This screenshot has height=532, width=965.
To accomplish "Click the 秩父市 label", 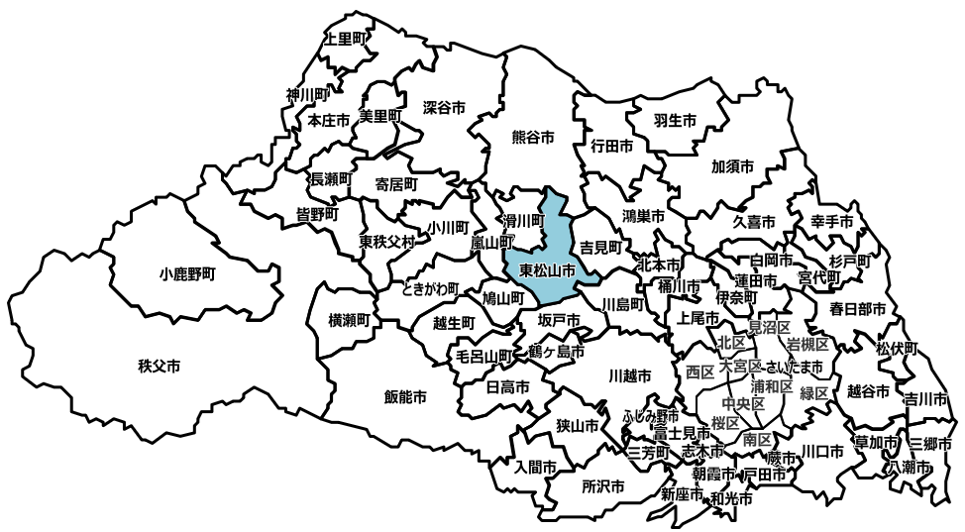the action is tap(160, 367).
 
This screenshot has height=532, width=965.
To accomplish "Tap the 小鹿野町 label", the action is tap(186, 272).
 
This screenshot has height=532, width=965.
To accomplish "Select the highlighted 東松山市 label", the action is tap(540, 269).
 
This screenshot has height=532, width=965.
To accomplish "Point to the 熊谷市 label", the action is tap(532, 137).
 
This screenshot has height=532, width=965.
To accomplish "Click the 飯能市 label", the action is tap(405, 397).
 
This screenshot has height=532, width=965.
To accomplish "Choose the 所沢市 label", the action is tap(603, 486).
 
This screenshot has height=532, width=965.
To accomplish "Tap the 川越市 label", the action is tap(629, 376).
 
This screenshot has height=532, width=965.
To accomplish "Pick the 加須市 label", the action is tap(733, 165).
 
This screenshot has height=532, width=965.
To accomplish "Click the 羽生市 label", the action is tap(675, 120).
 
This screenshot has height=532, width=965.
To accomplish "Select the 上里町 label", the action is tap(346, 40).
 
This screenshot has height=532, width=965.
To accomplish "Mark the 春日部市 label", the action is tap(858, 309).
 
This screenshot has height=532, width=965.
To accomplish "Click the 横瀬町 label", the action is tap(349, 320).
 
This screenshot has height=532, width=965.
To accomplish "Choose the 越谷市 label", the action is tap(869, 390).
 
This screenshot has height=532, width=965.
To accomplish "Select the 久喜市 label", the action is tap(754, 222).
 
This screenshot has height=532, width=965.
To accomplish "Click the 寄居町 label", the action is tap(395, 184).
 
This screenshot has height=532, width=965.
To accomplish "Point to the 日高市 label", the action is tap(508, 386).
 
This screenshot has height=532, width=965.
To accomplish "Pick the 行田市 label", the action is tap(611, 146).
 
